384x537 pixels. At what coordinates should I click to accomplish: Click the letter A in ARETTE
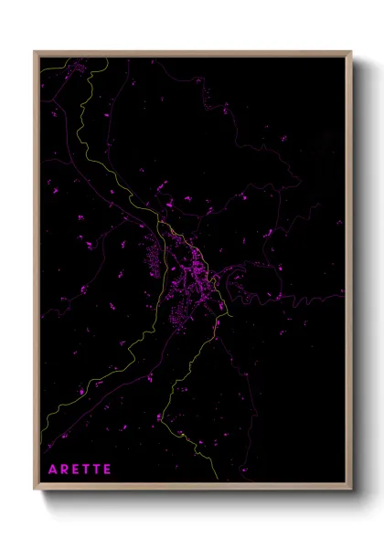(x=52, y=469)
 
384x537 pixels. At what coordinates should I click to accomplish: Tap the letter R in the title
(x=65, y=469)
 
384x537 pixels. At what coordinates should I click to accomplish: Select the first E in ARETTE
(x=77, y=469)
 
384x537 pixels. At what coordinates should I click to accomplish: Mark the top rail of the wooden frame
(x=193, y=53)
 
